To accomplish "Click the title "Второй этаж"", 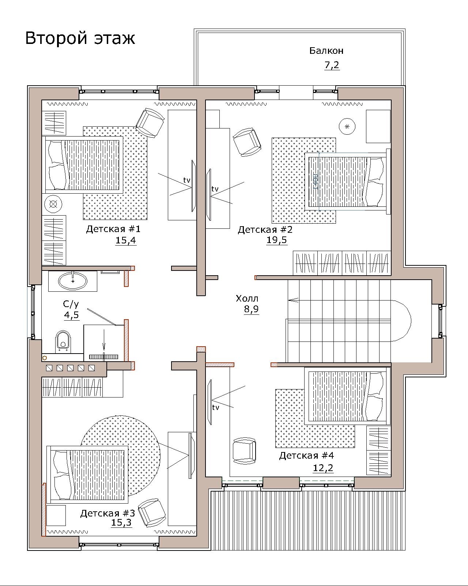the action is [x=80, y=38].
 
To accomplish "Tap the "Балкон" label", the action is [x=326, y=51].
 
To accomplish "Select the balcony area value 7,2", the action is [x=332, y=66].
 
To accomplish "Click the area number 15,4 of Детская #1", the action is [x=126, y=240].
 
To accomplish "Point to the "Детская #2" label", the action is [x=265, y=230].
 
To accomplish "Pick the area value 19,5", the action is [x=276, y=240].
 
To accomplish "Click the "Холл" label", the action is [x=247, y=299].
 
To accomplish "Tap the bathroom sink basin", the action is [x=73, y=281].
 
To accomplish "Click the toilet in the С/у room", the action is [x=63, y=341].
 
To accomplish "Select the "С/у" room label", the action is [x=71, y=304].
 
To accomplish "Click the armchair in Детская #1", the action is [x=150, y=123].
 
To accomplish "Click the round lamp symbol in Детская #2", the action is [x=347, y=126].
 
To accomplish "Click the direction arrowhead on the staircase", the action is [x=293, y=300].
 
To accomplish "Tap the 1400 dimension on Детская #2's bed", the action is [x=316, y=181].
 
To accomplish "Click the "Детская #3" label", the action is [x=107, y=514].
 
